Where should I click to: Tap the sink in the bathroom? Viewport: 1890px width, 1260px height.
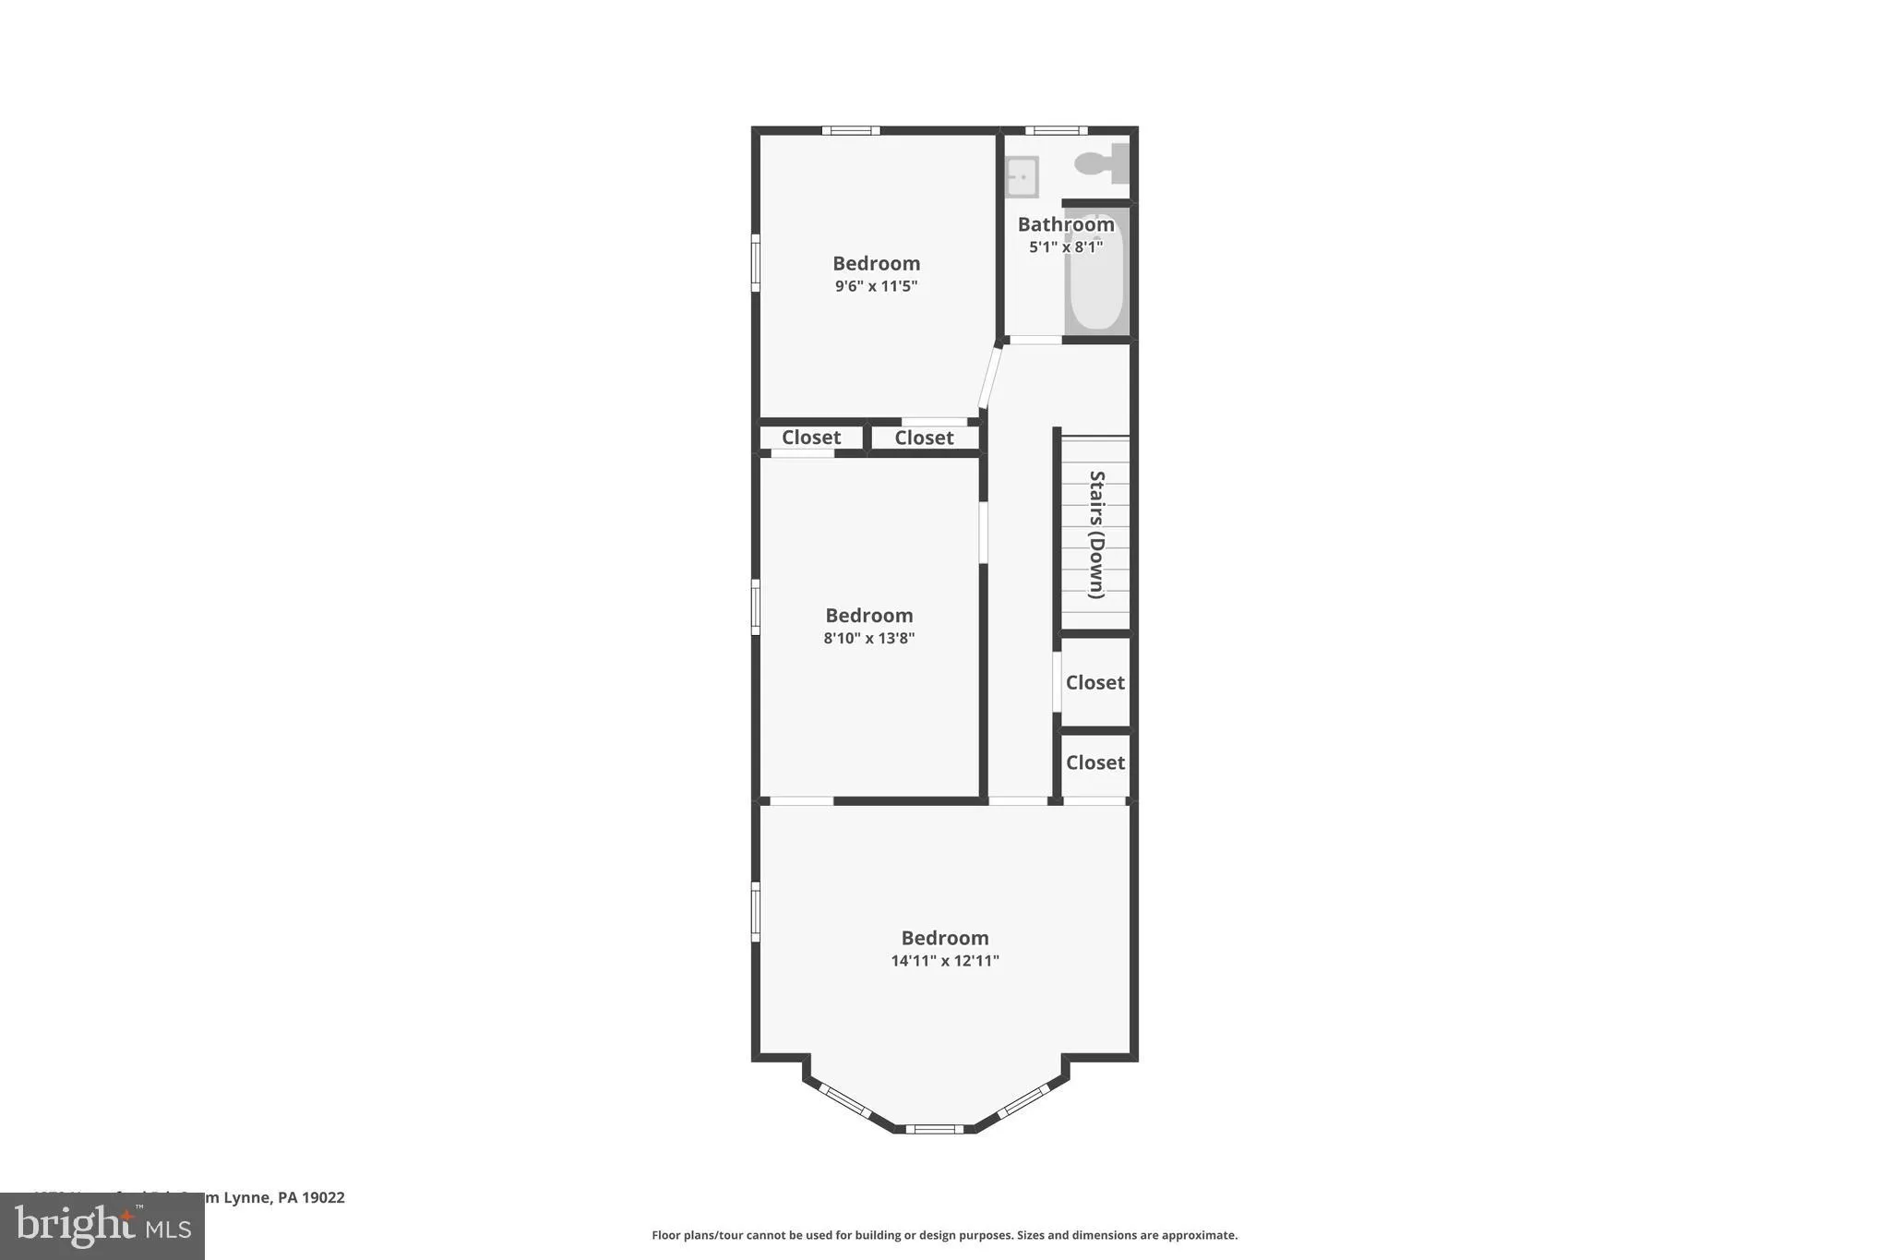tap(1022, 176)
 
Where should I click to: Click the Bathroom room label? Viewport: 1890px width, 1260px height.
tap(1066, 224)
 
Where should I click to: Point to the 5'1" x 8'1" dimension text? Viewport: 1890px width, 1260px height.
tap(1066, 247)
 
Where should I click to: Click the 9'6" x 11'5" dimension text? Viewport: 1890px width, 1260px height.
tap(876, 286)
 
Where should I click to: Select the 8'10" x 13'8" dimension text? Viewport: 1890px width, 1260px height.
tap(868, 638)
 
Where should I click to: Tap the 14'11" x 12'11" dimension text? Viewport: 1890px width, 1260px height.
tap(944, 961)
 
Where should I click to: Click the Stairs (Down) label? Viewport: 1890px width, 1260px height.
tap(1096, 534)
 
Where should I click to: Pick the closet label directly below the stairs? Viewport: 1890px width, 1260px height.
tap(1095, 683)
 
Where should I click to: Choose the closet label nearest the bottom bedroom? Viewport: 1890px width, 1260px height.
tap(1095, 762)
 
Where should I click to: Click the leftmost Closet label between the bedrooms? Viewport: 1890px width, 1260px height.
tap(811, 438)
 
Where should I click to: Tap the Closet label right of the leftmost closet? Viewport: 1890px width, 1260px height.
tap(924, 438)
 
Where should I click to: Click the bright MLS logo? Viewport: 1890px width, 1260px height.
tap(102, 1226)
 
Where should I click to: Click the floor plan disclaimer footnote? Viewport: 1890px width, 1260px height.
tap(944, 1235)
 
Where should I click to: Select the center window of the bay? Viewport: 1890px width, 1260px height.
tap(934, 1128)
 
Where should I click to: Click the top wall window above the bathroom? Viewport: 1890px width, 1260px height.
tap(1056, 130)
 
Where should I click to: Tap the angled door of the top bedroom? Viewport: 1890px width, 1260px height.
tap(989, 377)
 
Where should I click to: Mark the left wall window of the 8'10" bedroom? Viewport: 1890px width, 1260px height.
tap(755, 606)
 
